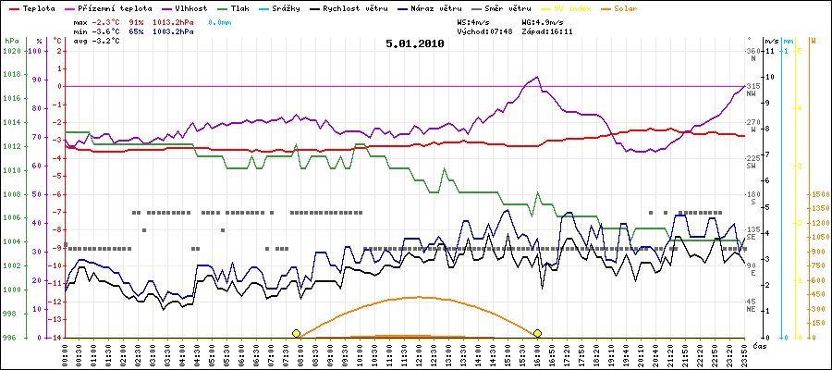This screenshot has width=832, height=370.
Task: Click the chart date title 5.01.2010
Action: pos(415,43)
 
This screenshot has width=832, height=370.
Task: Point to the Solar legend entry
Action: pos(625,7)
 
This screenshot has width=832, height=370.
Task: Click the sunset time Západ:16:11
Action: pos(547,31)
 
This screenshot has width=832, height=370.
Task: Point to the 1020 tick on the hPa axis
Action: pos(11,51)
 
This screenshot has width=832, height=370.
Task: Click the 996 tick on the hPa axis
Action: pos(11,338)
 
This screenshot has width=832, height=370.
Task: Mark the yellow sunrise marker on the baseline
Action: pos(296,333)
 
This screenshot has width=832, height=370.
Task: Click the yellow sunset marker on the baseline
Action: pos(537,333)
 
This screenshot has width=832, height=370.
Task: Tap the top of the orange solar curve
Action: pos(419,297)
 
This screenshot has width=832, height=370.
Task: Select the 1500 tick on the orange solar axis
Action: pos(819,194)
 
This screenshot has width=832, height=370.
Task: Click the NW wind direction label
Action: pos(753,93)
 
